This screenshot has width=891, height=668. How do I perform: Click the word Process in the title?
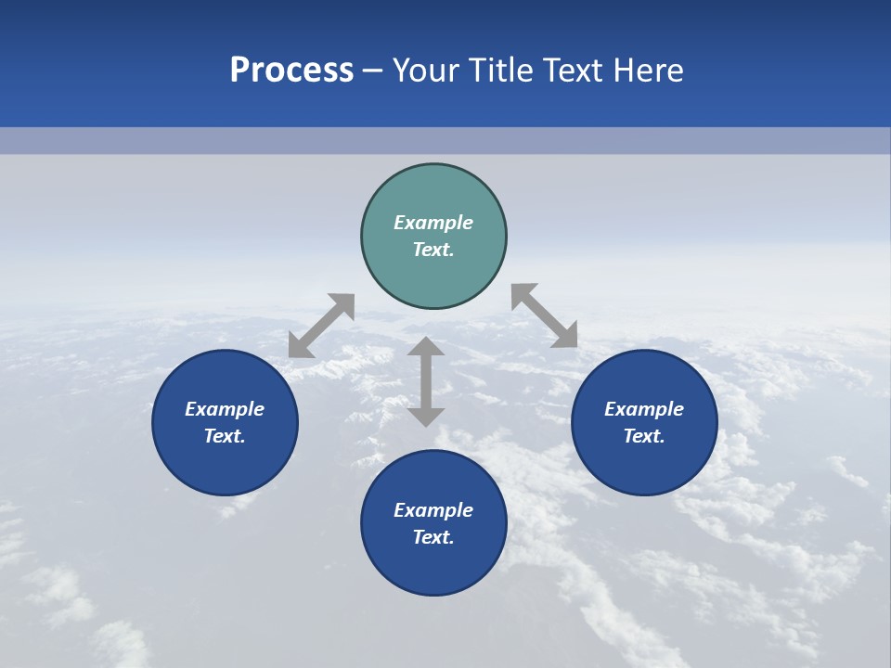pyautogui.click(x=291, y=71)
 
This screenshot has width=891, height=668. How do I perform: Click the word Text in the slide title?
pyautogui.click(x=579, y=71)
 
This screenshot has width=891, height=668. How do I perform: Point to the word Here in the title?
pyautogui.click(x=652, y=71)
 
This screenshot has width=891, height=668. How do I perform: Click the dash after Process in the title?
pyautogui.click(x=373, y=71)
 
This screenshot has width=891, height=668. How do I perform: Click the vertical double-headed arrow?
pyautogui.click(x=426, y=381)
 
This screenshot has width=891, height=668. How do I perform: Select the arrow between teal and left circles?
pyautogui.click(x=321, y=326)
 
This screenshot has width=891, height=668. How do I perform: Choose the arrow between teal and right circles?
pyautogui.click(x=545, y=315)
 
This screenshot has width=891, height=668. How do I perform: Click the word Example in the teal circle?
pyautogui.click(x=433, y=223)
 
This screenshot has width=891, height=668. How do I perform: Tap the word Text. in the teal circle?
pyautogui.click(x=433, y=250)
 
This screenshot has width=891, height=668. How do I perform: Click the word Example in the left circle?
pyautogui.click(x=225, y=409)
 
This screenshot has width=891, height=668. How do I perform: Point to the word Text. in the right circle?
pyautogui.click(x=644, y=436)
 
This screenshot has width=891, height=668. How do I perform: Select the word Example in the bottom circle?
pyautogui.click(x=433, y=510)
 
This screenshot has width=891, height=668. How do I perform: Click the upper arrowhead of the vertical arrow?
pyautogui.click(x=426, y=346)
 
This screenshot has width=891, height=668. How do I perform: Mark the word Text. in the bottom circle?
pyautogui.click(x=433, y=537)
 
